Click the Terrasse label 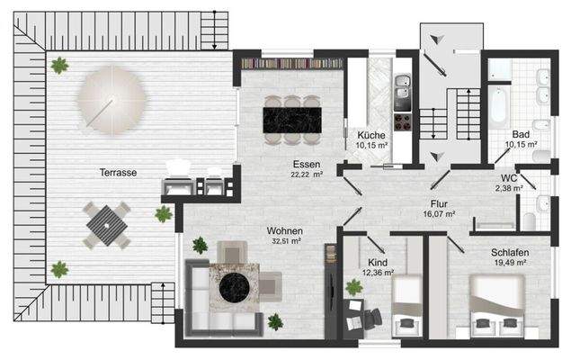(x=119, y=173)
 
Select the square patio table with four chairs (x=107, y=224)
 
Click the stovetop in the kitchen (x=403, y=121)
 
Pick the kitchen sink (x=403, y=86)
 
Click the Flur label (x=438, y=204)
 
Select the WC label (x=510, y=178)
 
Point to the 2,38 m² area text (x=510, y=189)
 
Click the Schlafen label (x=510, y=253)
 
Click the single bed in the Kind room (x=406, y=306)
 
